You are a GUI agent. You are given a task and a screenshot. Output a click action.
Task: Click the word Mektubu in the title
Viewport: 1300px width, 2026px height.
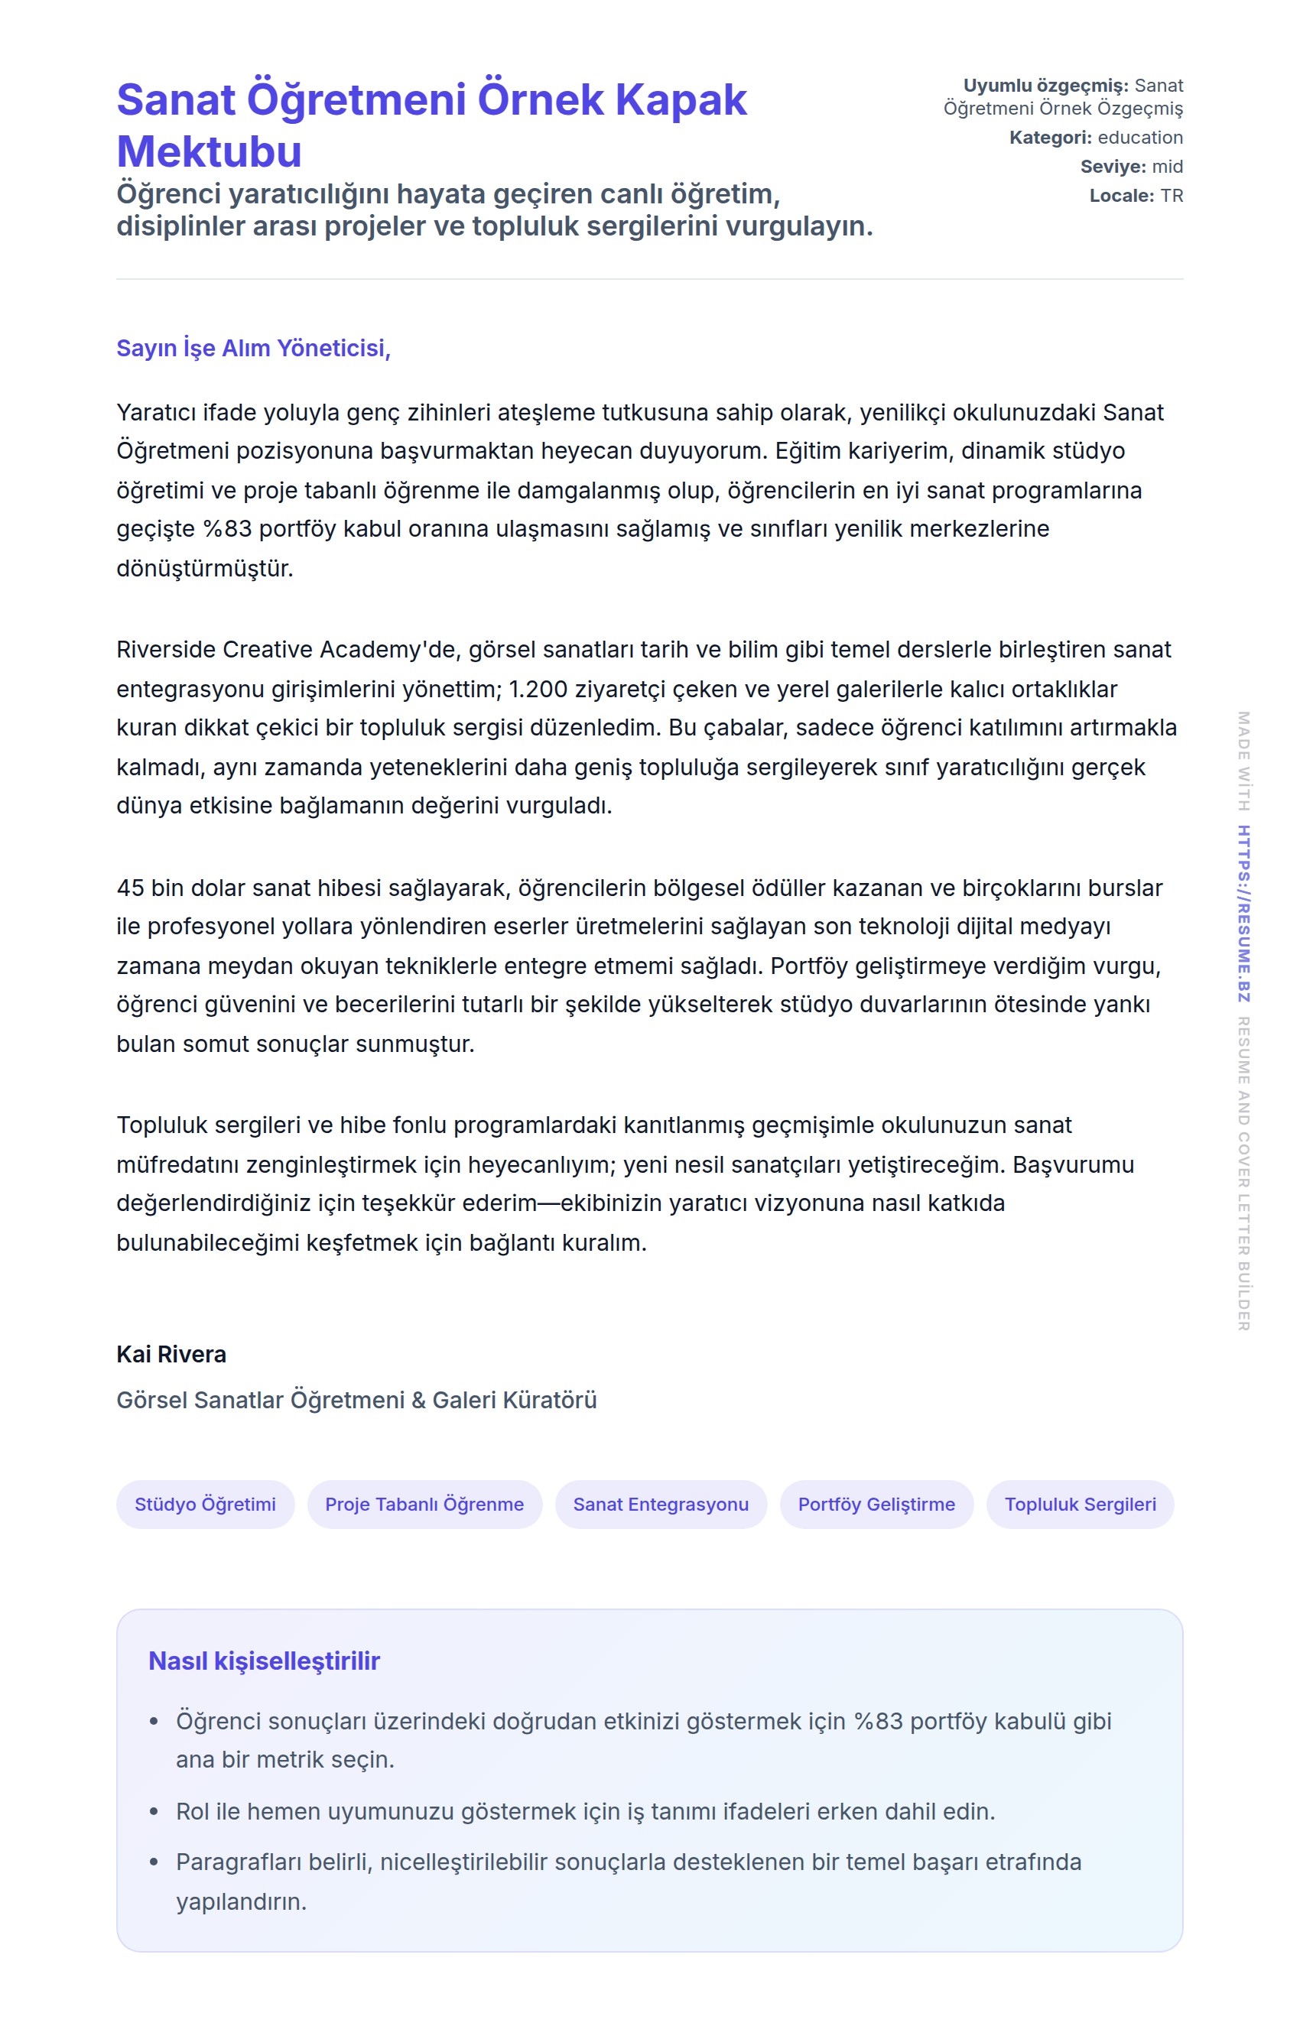[x=209, y=152]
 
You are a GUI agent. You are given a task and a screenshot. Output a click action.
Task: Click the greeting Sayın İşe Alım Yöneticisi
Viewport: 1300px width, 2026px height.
[x=253, y=348]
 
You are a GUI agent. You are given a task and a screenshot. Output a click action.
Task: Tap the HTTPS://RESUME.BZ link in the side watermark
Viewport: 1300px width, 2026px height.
[x=1243, y=913]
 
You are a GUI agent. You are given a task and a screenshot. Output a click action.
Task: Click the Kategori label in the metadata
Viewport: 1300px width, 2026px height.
[x=1050, y=138]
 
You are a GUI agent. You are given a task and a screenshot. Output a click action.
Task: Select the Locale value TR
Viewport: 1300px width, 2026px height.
[x=1172, y=196]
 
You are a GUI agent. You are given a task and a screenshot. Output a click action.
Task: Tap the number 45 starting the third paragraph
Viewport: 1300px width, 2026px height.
[x=130, y=888]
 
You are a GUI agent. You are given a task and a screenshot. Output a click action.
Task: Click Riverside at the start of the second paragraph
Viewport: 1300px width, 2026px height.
[x=165, y=649]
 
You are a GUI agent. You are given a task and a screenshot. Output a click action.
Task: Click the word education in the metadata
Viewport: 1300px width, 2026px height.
[x=1139, y=138]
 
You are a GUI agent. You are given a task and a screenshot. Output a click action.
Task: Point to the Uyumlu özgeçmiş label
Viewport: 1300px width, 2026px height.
[x=1045, y=85]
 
